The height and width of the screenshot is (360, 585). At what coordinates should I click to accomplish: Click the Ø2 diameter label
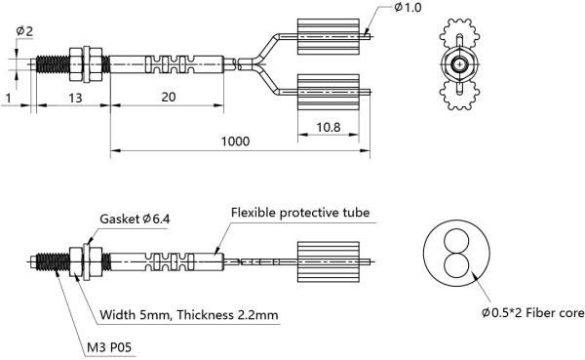(23, 30)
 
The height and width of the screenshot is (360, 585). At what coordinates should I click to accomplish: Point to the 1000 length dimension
(233, 141)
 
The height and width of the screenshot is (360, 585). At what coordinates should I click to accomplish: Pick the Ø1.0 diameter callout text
(410, 9)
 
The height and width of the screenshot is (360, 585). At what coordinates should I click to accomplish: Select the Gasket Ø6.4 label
(134, 220)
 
